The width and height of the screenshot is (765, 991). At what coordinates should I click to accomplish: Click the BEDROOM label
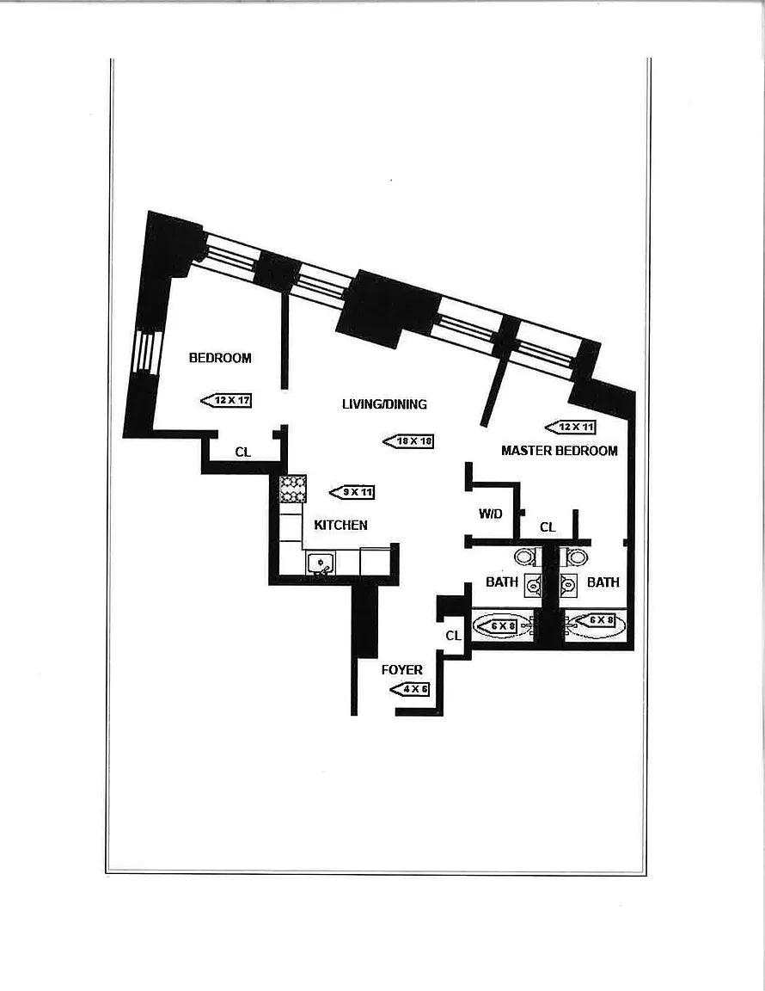click(x=220, y=358)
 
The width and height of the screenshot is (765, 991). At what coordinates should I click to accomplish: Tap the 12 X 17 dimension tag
click(x=226, y=400)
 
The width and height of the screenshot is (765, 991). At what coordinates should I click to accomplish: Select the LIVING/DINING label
click(x=384, y=404)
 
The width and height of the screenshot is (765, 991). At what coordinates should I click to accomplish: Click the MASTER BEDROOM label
click(x=560, y=450)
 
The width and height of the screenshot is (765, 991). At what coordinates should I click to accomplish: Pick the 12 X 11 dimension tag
click(x=571, y=427)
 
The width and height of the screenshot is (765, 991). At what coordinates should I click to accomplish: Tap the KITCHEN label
click(x=340, y=525)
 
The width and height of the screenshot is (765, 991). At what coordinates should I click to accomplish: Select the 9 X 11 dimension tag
click(x=352, y=492)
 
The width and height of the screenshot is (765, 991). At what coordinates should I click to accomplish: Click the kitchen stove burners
click(x=293, y=489)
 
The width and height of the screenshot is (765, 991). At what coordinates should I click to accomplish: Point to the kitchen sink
click(x=321, y=563)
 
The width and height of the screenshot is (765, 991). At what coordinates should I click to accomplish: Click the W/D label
click(x=491, y=514)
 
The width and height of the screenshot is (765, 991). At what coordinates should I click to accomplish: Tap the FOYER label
click(x=402, y=669)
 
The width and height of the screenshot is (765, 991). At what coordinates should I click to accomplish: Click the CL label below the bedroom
click(x=243, y=451)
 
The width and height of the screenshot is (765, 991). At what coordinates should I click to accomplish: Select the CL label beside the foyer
click(x=454, y=636)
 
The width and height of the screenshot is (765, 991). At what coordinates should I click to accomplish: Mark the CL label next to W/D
click(x=548, y=526)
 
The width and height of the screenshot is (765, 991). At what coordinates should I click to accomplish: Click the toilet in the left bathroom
click(x=525, y=557)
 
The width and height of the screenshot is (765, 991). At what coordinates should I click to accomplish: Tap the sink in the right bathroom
click(x=568, y=586)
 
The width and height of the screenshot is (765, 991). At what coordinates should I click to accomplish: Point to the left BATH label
click(x=502, y=582)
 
